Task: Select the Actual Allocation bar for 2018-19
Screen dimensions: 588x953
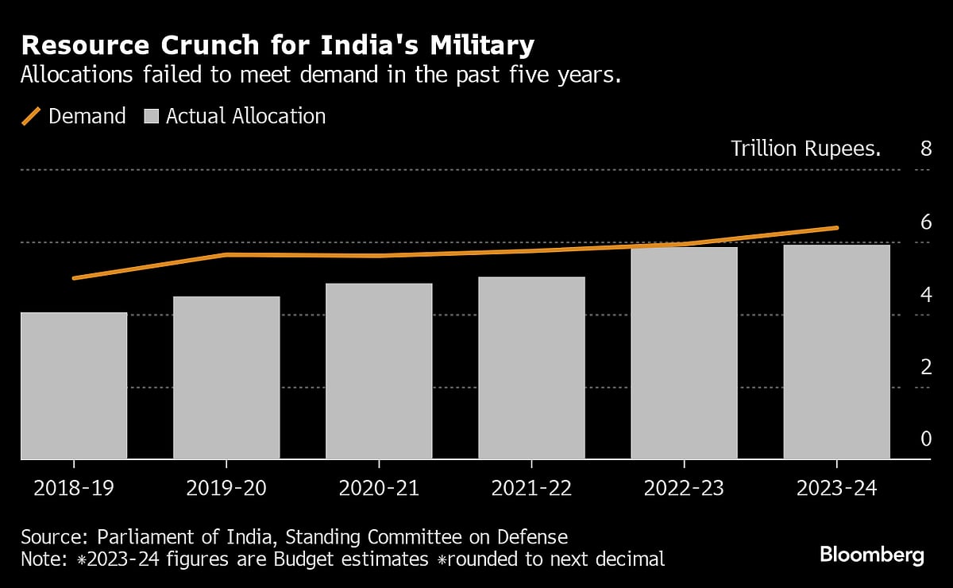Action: [x=74, y=385]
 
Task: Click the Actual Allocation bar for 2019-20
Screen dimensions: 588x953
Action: [x=226, y=377]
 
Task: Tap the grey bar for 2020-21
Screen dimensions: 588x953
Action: [x=379, y=371]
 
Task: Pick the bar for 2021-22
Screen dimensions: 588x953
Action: [x=531, y=368]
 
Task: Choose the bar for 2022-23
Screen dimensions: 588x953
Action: [x=684, y=353]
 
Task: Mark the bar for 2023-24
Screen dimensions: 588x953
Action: [x=836, y=351]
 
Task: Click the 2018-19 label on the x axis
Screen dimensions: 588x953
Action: [x=74, y=488]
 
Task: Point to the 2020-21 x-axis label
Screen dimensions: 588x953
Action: [x=379, y=488]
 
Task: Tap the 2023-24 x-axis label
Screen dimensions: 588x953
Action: [x=836, y=488]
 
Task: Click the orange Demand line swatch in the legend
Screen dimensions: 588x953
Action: [x=31, y=116]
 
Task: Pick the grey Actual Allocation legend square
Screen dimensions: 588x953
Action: [x=151, y=117]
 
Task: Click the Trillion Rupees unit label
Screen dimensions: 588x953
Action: [x=805, y=149]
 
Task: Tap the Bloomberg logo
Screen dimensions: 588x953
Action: [x=871, y=555]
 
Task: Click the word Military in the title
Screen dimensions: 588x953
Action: [x=473, y=46]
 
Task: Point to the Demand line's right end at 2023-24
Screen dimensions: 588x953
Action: [x=836, y=228]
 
